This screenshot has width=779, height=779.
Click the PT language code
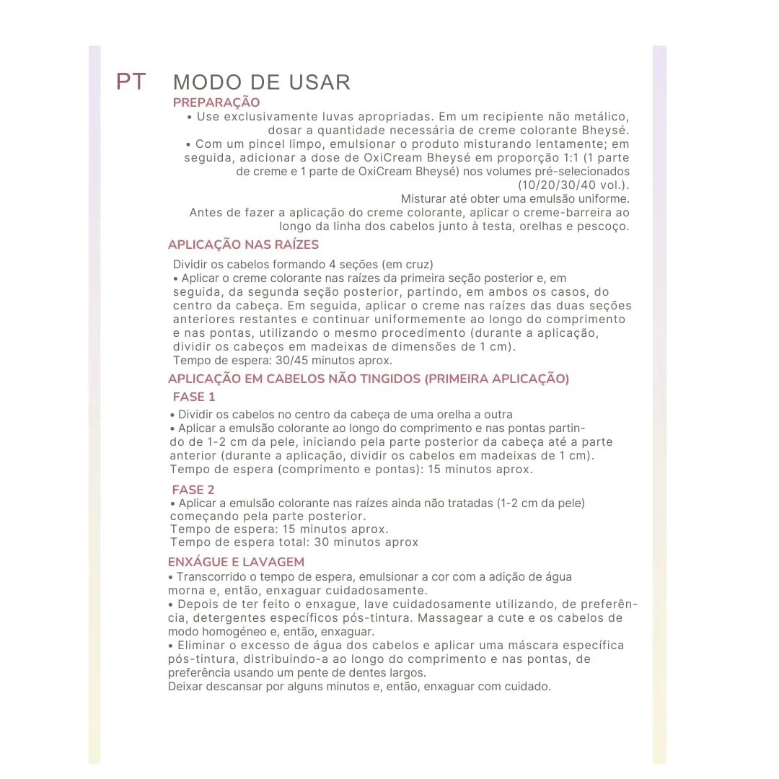(x=131, y=82)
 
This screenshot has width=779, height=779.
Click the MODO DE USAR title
(x=262, y=82)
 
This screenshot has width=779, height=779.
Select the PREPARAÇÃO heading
(x=216, y=102)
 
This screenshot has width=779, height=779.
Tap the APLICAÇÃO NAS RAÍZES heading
(x=243, y=245)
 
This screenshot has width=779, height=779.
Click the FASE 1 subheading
(x=194, y=397)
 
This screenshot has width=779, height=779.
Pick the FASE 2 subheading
(x=193, y=490)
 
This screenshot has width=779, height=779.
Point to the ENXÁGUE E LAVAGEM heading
(x=236, y=562)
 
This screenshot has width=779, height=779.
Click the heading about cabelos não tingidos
(x=368, y=379)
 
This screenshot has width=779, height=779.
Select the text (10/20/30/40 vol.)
(x=573, y=185)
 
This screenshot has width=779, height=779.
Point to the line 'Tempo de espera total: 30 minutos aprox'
(x=294, y=542)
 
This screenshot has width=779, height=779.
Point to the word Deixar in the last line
(x=185, y=686)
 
